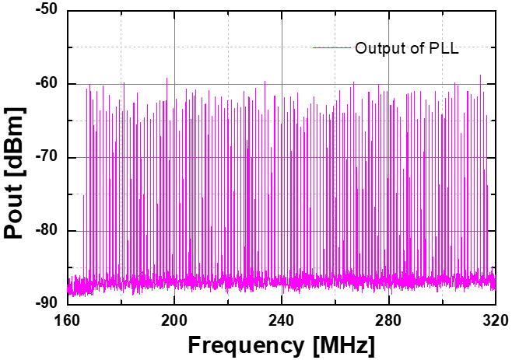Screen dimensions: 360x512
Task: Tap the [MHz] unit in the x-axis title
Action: (x=341, y=343)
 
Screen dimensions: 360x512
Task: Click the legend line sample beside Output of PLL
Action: (x=332, y=48)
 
